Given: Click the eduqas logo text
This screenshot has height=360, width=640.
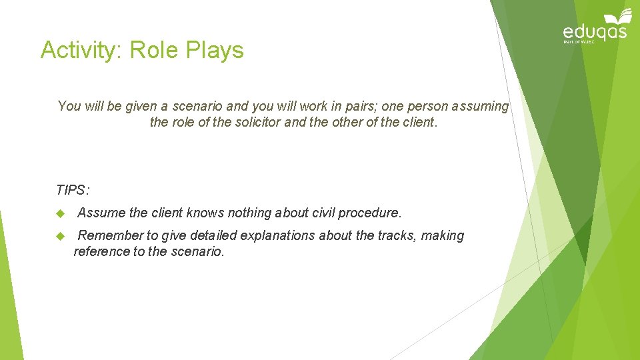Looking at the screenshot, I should pyautogui.click(x=595, y=32).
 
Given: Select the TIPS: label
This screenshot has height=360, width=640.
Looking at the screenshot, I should pyautogui.click(x=73, y=190).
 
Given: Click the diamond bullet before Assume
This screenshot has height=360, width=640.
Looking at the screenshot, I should pyautogui.click(x=60, y=213).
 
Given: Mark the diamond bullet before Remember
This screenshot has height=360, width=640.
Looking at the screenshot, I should pyautogui.click(x=60, y=236).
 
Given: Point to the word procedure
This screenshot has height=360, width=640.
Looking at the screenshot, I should pyautogui.click(x=370, y=213).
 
